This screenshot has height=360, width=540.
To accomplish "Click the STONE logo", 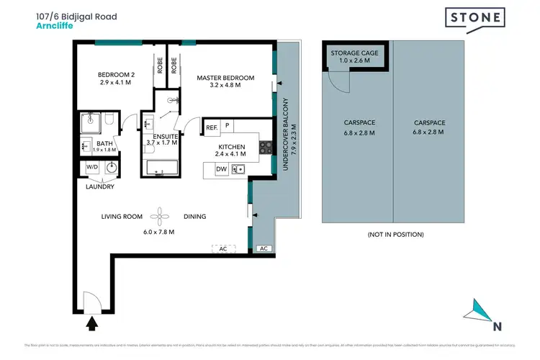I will (474, 21).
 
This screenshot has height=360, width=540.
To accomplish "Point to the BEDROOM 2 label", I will (117, 74).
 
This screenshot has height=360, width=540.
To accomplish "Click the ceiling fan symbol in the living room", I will (160, 215).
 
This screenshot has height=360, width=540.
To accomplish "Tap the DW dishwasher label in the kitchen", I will (222, 169).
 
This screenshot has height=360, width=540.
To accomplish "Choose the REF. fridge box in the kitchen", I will (212, 127).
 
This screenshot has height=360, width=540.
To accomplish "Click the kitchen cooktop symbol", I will (265, 147).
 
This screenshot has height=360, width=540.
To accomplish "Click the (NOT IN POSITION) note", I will (395, 235).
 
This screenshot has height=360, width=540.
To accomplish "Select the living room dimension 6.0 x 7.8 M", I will (160, 231).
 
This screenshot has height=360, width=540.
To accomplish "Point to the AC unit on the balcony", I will (263, 248).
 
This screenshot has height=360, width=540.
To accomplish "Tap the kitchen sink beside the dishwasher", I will (240, 169).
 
